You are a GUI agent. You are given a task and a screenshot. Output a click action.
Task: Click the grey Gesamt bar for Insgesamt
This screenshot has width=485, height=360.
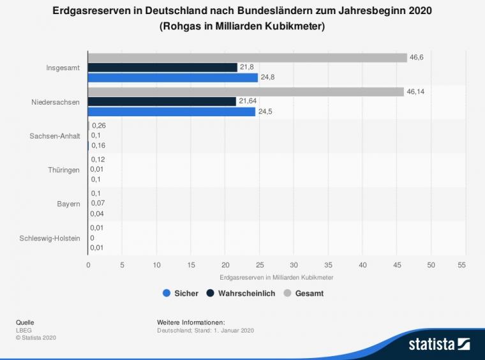247,57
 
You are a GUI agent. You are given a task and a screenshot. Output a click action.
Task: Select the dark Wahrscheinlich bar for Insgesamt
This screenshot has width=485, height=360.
162,68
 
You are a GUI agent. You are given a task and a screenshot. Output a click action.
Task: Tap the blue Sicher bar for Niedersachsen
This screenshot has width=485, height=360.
172,112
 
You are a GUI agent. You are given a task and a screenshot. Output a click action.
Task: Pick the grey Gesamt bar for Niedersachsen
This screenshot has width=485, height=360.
246,92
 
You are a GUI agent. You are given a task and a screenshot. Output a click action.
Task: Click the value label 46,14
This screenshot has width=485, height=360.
415,92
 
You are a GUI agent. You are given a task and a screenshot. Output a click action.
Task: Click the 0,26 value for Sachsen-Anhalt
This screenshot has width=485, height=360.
98,126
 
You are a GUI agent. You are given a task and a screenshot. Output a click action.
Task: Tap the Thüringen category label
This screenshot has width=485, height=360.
64,170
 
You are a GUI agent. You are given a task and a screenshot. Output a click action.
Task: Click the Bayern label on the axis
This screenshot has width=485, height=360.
69,204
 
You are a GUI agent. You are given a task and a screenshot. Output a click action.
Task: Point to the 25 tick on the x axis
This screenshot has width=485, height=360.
260,264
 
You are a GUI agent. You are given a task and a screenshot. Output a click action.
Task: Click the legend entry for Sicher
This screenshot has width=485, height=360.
181,294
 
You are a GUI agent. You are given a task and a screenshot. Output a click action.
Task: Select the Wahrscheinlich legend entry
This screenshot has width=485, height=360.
242,294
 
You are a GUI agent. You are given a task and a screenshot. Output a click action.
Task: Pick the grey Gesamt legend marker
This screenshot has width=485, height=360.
287,294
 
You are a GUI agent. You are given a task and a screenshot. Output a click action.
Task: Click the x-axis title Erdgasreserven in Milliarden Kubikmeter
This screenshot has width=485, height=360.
276,278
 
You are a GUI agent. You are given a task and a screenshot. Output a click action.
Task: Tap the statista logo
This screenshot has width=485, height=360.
439,345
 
